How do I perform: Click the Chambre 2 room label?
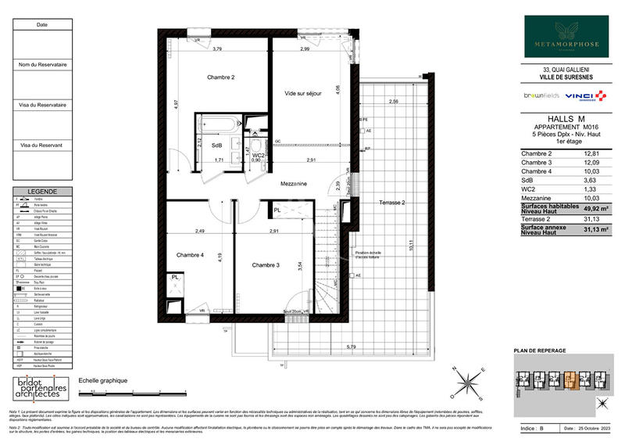click(221, 77)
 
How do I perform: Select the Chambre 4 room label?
click(190, 254)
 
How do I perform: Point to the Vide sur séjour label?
click(304, 94)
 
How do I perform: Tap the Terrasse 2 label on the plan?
click(387, 202)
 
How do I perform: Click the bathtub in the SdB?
click(221, 124)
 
